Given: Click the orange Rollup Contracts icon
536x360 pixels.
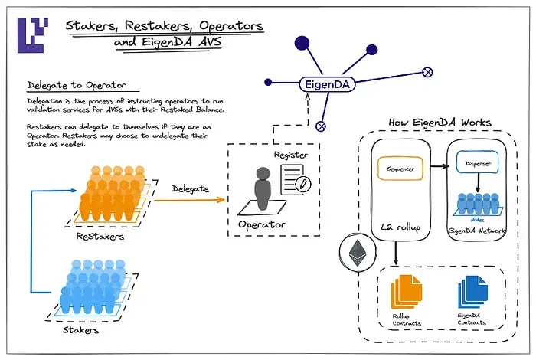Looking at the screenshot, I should pos(406,294).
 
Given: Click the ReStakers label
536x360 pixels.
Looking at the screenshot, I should pos(99,237).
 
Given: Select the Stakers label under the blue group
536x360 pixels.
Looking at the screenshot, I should pos(79,332).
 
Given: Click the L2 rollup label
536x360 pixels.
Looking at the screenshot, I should pos(398,227).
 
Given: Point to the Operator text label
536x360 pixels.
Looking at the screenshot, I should pos(262,225).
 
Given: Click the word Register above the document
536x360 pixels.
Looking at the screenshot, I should pos(292,155).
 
